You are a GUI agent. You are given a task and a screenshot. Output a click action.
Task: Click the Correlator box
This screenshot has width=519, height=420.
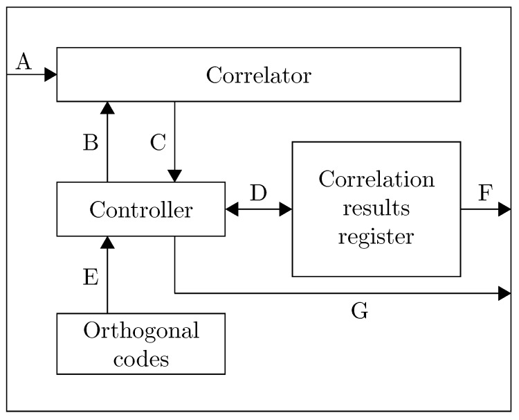pyautogui.click(x=258, y=75)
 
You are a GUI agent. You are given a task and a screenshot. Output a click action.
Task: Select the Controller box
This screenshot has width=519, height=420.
pyautogui.click(x=140, y=209)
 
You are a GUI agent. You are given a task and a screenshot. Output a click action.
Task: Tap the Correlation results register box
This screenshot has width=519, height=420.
pyautogui.click(x=376, y=209)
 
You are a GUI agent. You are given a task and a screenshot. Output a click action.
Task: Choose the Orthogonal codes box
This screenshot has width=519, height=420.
pyautogui.click(x=140, y=344)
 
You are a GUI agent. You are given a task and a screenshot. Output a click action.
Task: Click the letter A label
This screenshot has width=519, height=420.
pyautogui.click(x=23, y=62)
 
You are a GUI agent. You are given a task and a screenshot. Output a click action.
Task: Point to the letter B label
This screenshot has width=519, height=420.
pyautogui.click(x=91, y=143)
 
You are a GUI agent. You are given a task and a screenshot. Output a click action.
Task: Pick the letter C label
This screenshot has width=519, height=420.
pyautogui.click(x=158, y=143)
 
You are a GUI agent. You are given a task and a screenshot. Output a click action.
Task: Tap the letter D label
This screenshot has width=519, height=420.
pyautogui.click(x=258, y=194)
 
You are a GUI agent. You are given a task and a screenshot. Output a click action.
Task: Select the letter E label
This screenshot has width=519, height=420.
pyautogui.click(x=91, y=277)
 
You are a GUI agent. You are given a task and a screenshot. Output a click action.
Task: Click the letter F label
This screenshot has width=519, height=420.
pyautogui.click(x=485, y=194)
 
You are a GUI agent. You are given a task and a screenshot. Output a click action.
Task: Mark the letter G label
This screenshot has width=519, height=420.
pyautogui.click(x=359, y=312)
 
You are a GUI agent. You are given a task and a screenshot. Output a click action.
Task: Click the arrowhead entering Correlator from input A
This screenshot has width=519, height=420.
pyautogui.click(x=51, y=75)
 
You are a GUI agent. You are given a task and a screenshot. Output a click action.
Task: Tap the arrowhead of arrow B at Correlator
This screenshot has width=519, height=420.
pyautogui.click(x=107, y=107)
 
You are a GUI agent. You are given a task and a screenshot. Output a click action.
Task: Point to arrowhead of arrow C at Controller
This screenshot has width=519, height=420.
pyautogui.click(x=174, y=176)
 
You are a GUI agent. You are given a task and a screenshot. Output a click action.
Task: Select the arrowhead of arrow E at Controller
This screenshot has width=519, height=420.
pyautogui.click(x=107, y=242)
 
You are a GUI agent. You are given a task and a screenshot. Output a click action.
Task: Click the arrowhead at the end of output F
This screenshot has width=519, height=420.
pyautogui.click(x=504, y=209)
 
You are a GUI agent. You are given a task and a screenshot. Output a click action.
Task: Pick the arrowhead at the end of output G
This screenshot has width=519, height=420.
pyautogui.click(x=504, y=293)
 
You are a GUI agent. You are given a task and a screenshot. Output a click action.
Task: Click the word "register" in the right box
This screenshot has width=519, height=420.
pyautogui.click(x=376, y=237)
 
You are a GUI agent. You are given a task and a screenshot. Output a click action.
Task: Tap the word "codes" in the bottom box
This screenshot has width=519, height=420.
pyautogui.click(x=140, y=359)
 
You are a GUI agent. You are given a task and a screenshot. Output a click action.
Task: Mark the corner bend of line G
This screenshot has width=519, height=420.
pyautogui.click(x=174, y=293)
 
